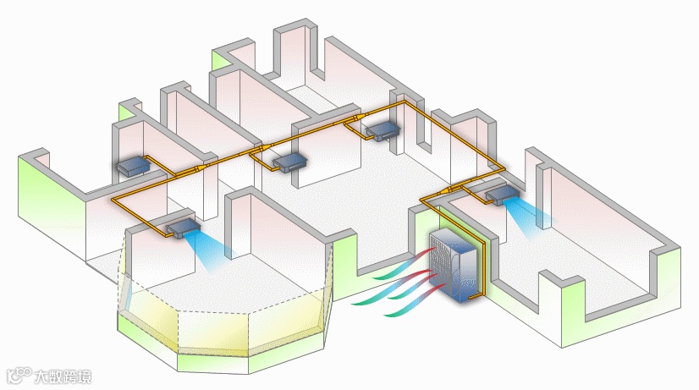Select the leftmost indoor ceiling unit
coord(133,165)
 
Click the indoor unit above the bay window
coord(181,226)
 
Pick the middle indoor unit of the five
coord(287,161)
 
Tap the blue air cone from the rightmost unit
coord(533,217)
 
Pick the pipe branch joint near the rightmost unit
coord(456,186)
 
